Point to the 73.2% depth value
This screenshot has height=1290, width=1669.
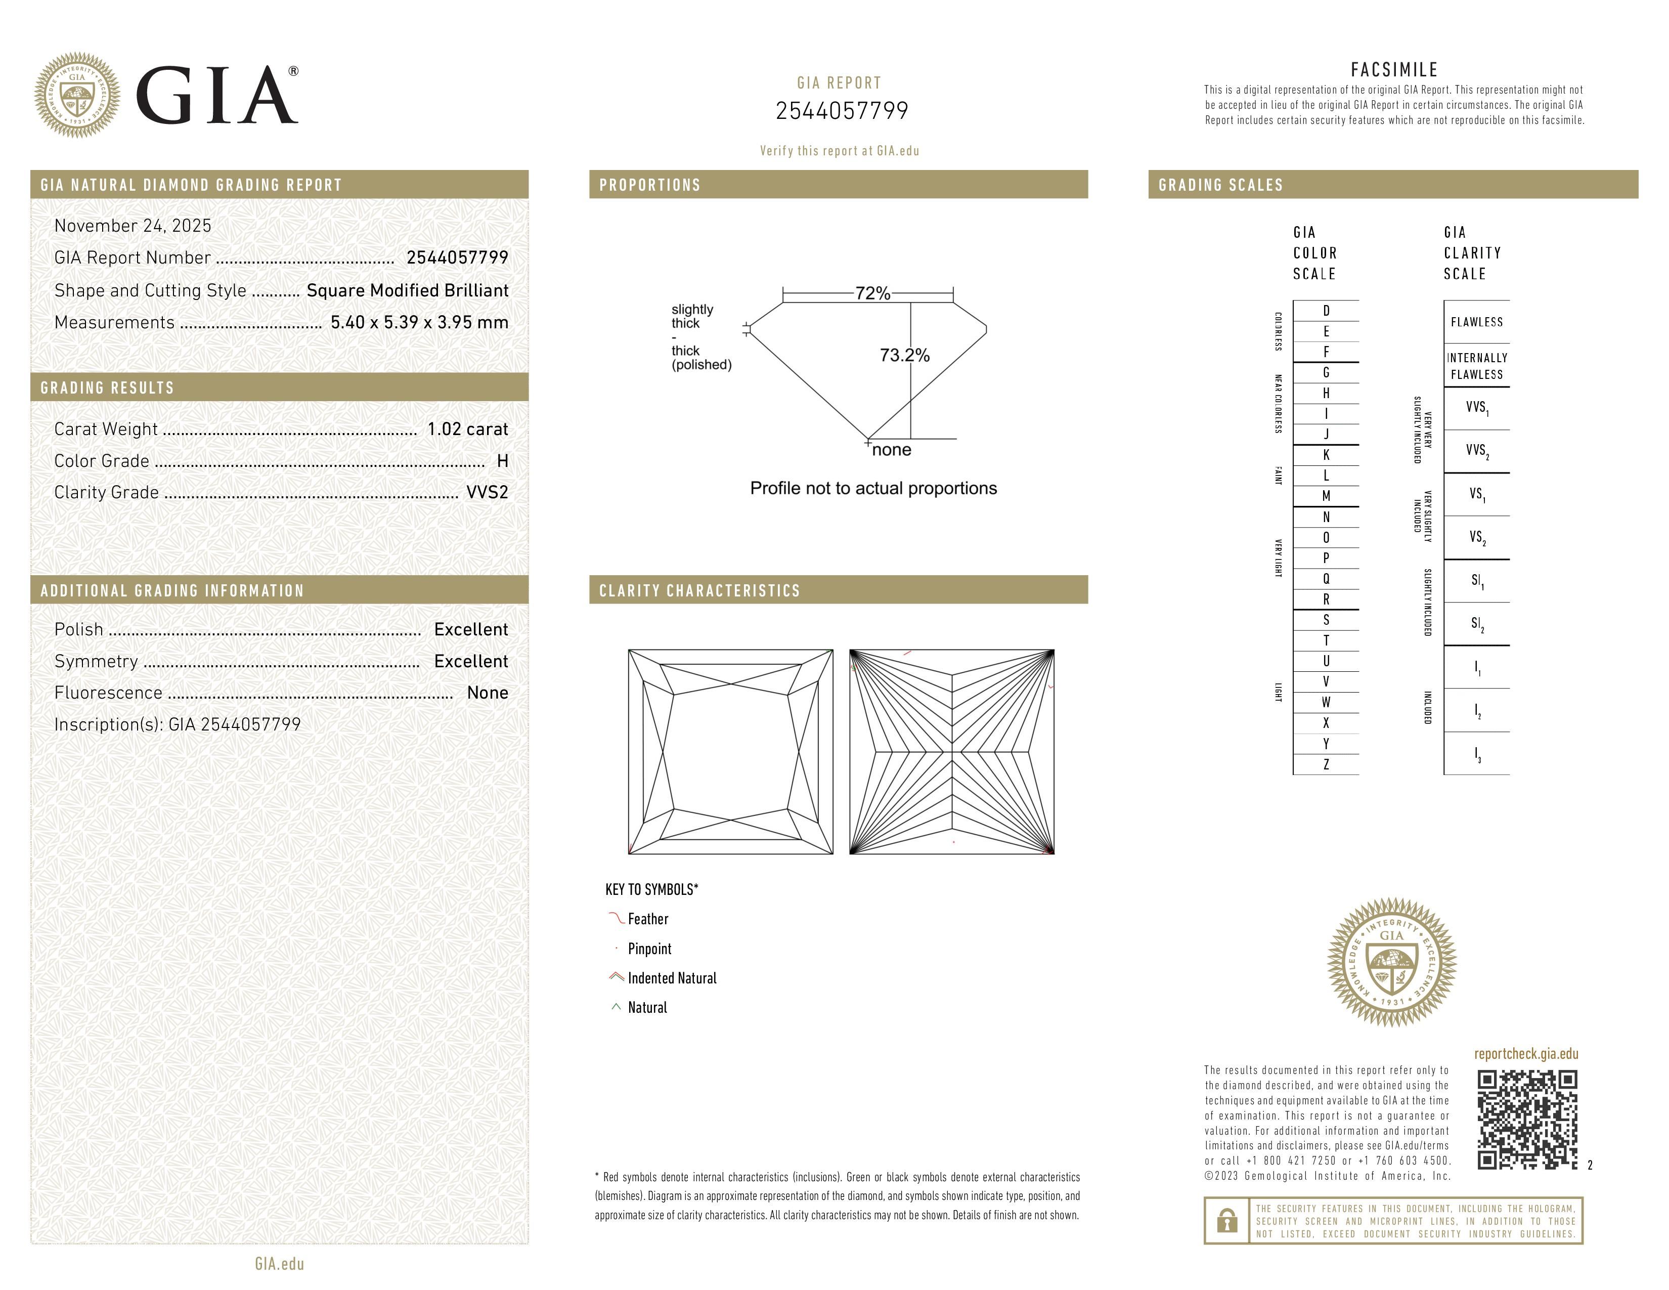tap(905, 355)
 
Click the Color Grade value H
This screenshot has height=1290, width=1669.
tap(502, 461)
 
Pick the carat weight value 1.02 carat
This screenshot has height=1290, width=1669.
tap(467, 429)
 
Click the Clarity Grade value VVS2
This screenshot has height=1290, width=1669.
tap(487, 493)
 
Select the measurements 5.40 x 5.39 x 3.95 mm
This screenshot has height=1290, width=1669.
tap(419, 323)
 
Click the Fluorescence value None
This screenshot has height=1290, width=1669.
tap(488, 693)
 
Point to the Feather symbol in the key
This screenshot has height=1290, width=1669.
tap(616, 918)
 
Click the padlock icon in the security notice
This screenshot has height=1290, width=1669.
tap(1227, 1221)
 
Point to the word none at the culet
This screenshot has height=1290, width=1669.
tap(891, 450)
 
